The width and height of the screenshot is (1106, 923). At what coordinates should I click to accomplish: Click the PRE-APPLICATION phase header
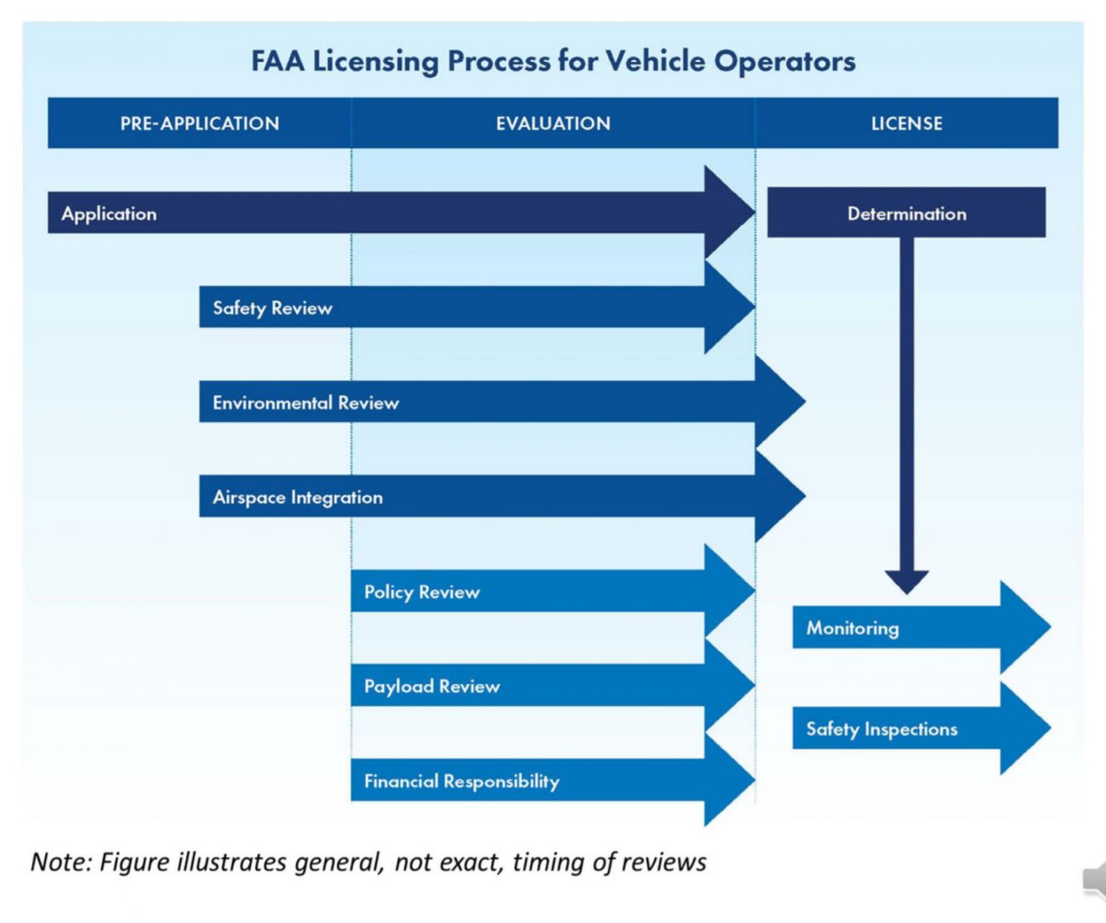click(199, 123)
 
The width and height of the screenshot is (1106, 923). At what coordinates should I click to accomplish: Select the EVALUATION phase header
click(553, 123)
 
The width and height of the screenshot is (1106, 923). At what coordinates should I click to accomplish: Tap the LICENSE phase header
click(907, 123)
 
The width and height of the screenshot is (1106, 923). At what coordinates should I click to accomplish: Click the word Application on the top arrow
click(109, 214)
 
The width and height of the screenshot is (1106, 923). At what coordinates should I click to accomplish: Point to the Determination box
click(907, 212)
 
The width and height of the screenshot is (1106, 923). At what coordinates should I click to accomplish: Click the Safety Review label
click(272, 308)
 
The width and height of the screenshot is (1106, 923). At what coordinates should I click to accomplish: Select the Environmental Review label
click(305, 402)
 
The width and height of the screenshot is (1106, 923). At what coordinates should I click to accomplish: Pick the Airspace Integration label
click(297, 497)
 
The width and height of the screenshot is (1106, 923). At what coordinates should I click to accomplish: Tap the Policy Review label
click(422, 592)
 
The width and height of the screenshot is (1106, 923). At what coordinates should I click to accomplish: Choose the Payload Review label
click(432, 686)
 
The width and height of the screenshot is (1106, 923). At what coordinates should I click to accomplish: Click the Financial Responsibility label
click(462, 781)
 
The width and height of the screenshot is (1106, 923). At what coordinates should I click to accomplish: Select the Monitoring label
click(853, 628)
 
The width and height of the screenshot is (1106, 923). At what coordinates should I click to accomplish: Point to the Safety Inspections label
click(881, 729)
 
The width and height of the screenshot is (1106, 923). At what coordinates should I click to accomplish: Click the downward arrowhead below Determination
click(907, 582)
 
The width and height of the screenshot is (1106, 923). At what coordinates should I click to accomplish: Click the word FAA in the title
click(277, 61)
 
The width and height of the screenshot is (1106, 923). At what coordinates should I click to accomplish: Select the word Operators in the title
click(784, 62)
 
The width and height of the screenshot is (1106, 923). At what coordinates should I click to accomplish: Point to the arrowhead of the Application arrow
click(729, 212)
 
